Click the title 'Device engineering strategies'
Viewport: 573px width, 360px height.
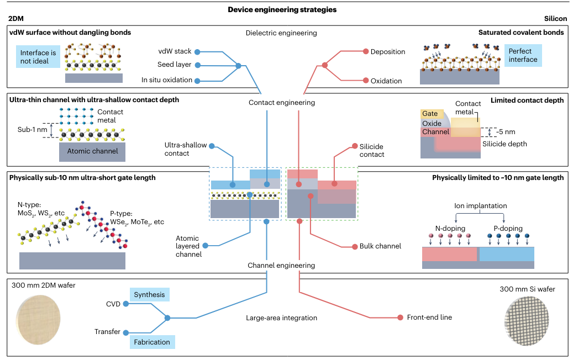click(282, 9)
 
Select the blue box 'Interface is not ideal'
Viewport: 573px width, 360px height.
click(38, 57)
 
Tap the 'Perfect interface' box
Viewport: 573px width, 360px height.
click(522, 55)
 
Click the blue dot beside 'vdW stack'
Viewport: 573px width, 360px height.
click(199, 51)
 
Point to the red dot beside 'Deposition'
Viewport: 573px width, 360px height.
click(365, 52)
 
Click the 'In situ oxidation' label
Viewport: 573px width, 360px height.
click(167, 80)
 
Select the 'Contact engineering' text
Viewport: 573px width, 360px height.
click(282, 103)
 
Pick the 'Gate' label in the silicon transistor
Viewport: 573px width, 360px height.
click(430, 114)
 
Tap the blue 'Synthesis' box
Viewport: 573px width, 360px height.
click(149, 295)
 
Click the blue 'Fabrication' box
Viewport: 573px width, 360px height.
click(152, 342)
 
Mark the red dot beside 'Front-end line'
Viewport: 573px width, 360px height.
click(400, 317)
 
